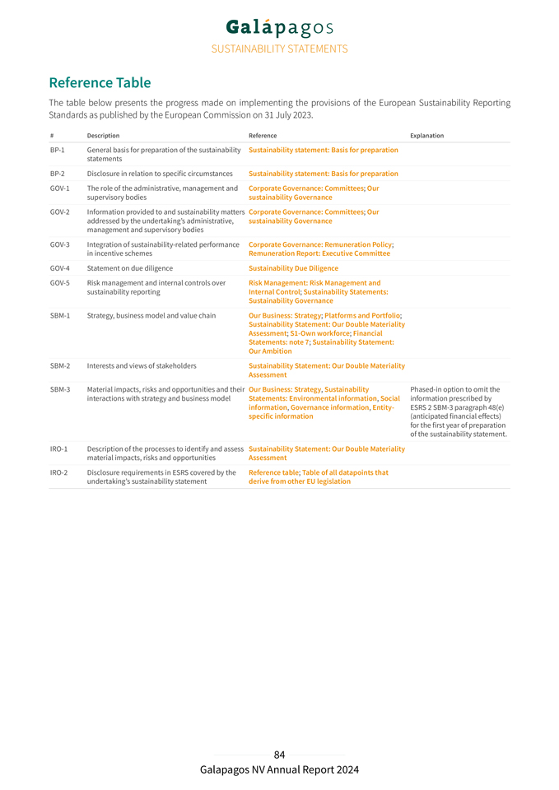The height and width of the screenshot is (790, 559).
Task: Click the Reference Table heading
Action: click(100, 82)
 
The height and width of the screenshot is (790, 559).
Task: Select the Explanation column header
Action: click(426, 136)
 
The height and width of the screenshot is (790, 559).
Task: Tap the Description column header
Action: click(103, 136)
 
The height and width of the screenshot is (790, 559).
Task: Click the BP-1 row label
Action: click(58, 150)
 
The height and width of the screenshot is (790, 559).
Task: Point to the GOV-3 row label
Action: click(59, 244)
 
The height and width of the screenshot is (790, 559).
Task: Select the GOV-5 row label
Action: click(59, 283)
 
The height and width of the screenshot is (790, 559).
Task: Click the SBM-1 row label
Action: click(59, 315)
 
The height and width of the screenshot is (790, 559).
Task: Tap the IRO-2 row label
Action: click(58, 472)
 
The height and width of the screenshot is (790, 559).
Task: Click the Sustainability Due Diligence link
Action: click(293, 268)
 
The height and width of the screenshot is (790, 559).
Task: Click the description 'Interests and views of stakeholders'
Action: click(142, 365)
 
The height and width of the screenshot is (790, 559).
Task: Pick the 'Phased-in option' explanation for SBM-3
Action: click(458, 411)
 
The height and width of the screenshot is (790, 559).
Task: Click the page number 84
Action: click(279, 755)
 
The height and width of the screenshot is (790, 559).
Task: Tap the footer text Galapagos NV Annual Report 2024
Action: click(279, 770)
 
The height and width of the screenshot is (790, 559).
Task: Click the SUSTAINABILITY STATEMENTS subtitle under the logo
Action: click(279, 49)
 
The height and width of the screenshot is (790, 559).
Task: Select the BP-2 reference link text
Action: click(323, 174)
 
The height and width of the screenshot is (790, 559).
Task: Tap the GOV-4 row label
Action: click(59, 268)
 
